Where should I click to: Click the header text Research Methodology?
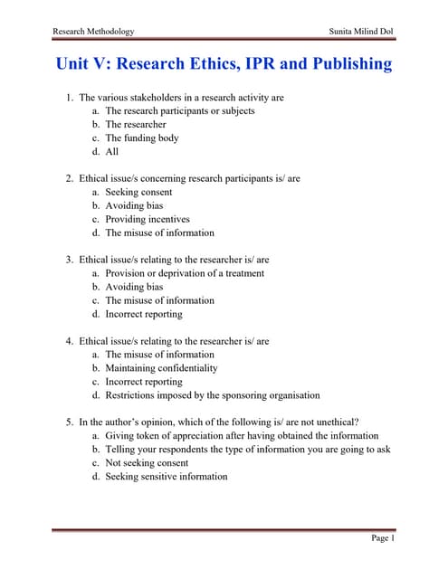[x=94, y=31]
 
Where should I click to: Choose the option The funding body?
[x=142, y=138]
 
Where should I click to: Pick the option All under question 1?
[x=112, y=152]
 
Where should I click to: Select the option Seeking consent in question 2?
[x=138, y=193]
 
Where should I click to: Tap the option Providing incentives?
[x=148, y=220]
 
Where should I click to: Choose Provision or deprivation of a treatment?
[x=185, y=273]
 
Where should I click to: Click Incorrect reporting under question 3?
[x=144, y=314]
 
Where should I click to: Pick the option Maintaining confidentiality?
[x=161, y=368]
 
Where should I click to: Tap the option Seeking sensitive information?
[x=167, y=477]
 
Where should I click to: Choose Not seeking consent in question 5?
[x=147, y=463]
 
